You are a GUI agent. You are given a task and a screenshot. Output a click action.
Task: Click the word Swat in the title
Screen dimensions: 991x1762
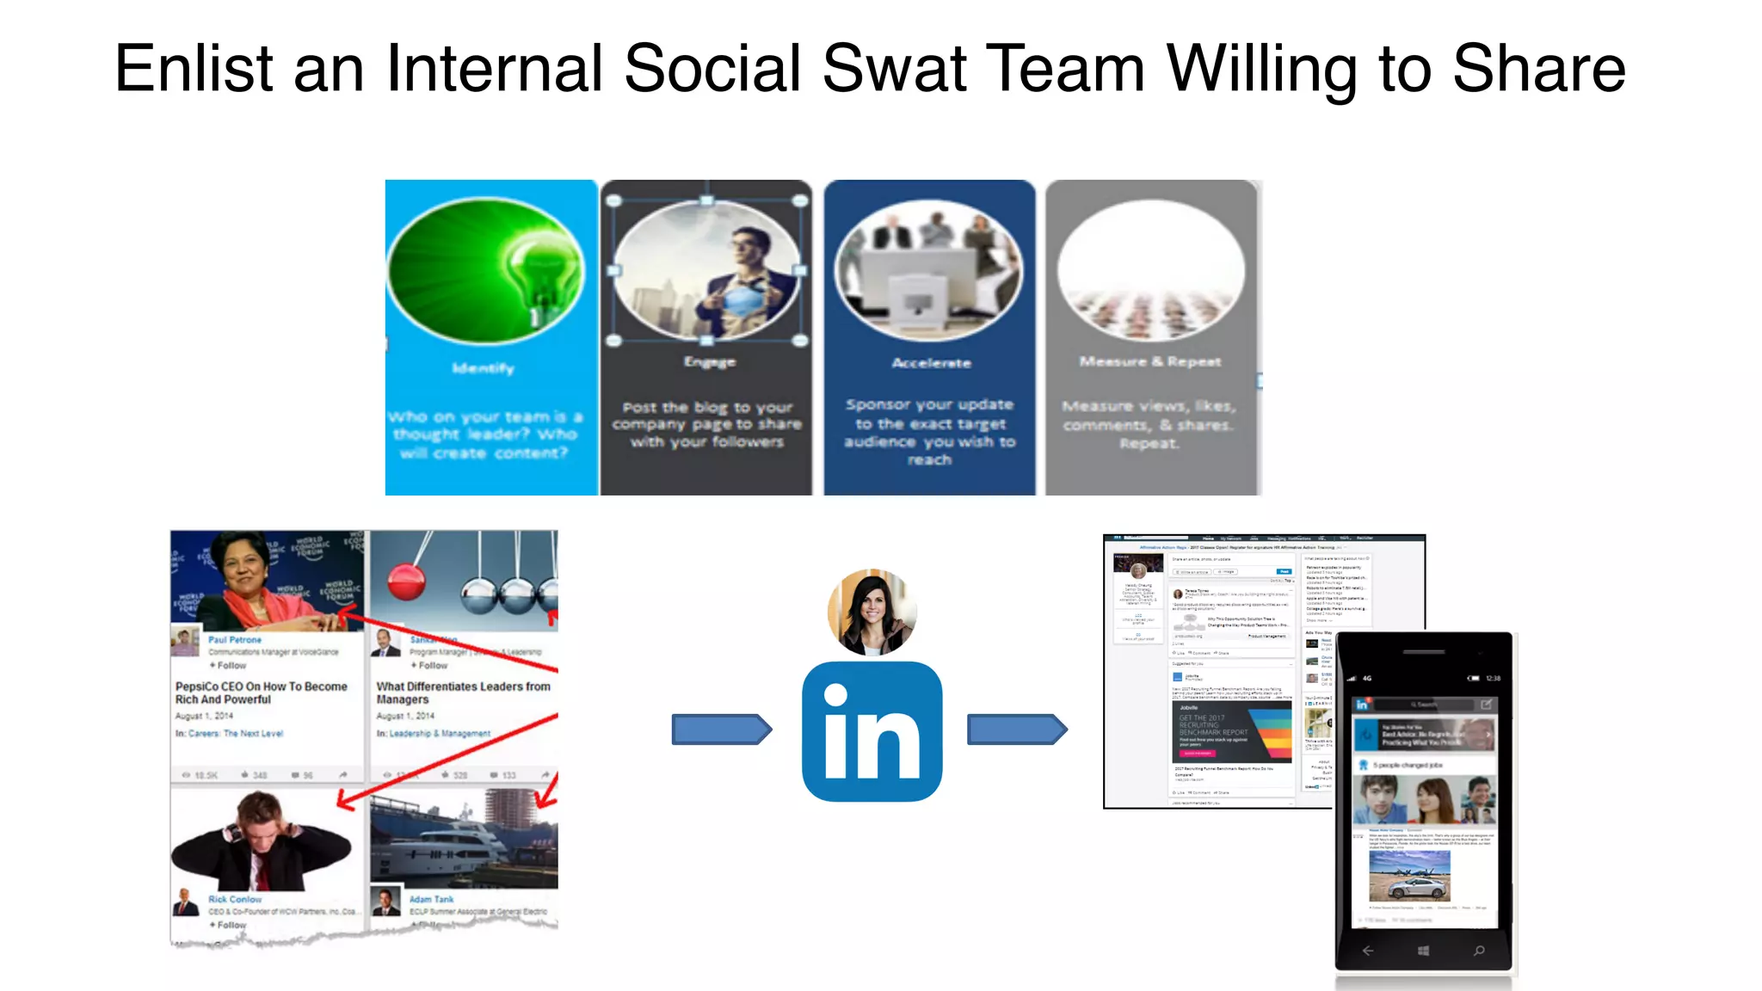[894, 69]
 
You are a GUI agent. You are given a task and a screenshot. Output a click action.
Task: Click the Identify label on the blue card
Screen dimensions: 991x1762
[484, 368]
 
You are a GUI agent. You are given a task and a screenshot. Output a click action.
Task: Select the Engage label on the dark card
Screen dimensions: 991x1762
[710, 362]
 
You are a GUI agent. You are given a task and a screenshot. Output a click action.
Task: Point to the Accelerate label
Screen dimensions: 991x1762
[931, 363]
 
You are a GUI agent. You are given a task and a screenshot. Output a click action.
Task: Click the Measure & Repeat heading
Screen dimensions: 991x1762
[1150, 362]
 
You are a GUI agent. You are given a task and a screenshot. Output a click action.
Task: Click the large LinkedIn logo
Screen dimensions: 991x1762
[872, 732]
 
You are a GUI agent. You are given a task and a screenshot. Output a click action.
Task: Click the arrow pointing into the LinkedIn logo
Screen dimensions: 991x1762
[721, 729]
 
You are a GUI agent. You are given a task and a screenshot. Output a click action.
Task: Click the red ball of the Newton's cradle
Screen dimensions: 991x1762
[406, 583]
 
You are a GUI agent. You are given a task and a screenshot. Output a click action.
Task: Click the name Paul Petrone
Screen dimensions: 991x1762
[235, 640]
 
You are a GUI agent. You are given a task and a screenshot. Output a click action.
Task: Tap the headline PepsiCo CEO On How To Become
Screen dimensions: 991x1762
[261, 686]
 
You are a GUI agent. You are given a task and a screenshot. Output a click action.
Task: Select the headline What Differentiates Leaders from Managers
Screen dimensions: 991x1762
[463, 692]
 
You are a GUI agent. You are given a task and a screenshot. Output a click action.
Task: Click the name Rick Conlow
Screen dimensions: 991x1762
[235, 899]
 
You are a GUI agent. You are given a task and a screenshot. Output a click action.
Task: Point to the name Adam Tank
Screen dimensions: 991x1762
[431, 899]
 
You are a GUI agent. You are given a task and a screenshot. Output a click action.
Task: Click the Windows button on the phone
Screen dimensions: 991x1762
[1423, 951]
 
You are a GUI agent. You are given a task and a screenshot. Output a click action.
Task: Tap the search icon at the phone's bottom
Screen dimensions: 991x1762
[1479, 951]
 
